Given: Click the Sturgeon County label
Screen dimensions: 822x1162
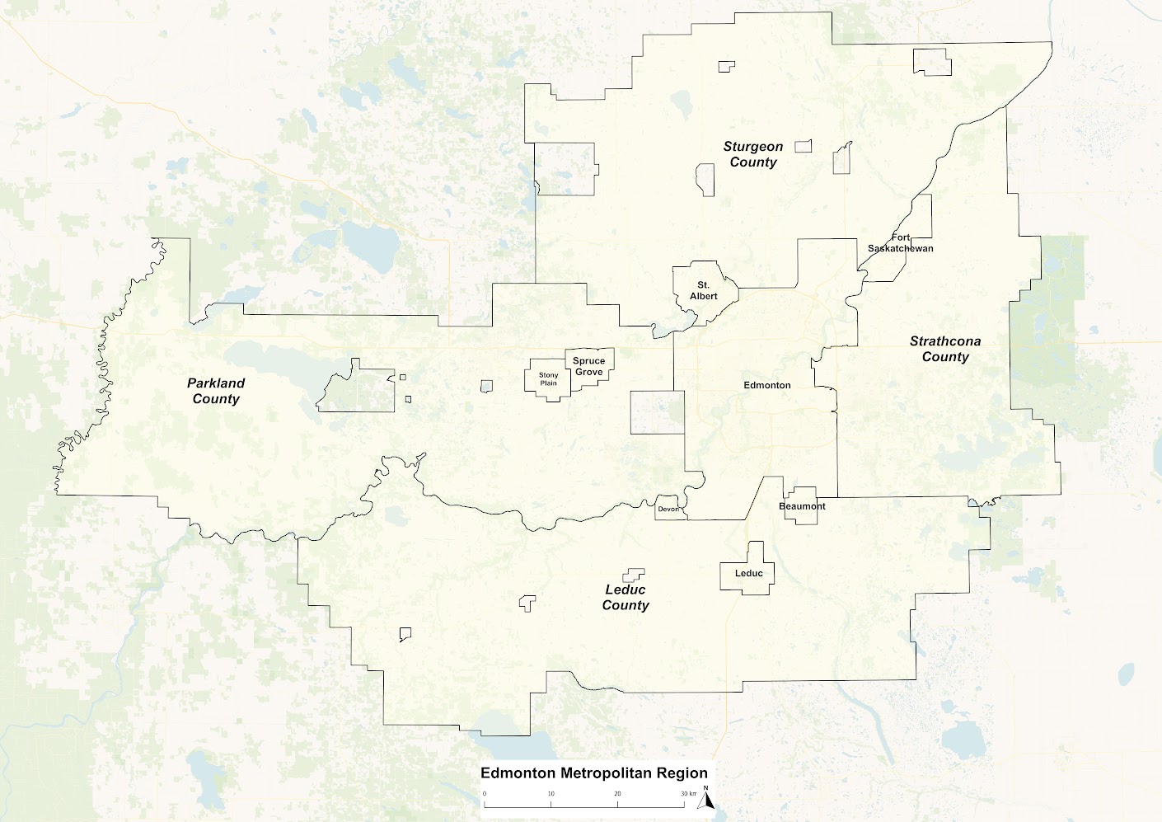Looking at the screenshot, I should pyautogui.click(x=753, y=154).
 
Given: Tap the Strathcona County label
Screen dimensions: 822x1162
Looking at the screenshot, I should pyautogui.click(x=945, y=349).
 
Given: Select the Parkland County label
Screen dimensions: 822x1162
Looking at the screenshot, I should pyautogui.click(x=216, y=391).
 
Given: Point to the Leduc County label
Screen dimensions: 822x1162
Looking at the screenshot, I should pyautogui.click(x=626, y=597).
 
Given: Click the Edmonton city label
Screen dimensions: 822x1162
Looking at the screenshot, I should pyautogui.click(x=767, y=385).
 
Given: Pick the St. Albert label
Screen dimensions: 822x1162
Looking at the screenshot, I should pyautogui.click(x=704, y=290).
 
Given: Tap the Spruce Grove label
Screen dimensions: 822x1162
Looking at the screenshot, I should pyautogui.click(x=588, y=366).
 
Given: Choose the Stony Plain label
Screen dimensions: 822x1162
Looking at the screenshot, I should pyautogui.click(x=548, y=378).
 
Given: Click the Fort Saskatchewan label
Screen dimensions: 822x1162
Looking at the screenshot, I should pyautogui.click(x=901, y=243).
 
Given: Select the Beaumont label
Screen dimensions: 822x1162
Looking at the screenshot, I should pyautogui.click(x=802, y=506).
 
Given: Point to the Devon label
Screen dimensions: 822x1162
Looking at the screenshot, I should pyautogui.click(x=668, y=509).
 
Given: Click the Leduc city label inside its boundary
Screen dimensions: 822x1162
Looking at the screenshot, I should pyautogui.click(x=749, y=573).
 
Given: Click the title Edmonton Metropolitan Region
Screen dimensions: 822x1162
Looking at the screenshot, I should pyautogui.click(x=594, y=773).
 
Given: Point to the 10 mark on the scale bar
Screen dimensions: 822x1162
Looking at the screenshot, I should pyautogui.click(x=551, y=794).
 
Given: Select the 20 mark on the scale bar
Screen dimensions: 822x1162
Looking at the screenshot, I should pyautogui.click(x=618, y=794).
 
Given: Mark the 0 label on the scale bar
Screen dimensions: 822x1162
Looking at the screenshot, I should pyautogui.click(x=485, y=794).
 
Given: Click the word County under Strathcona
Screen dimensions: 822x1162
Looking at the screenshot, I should pyautogui.click(x=945, y=357).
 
